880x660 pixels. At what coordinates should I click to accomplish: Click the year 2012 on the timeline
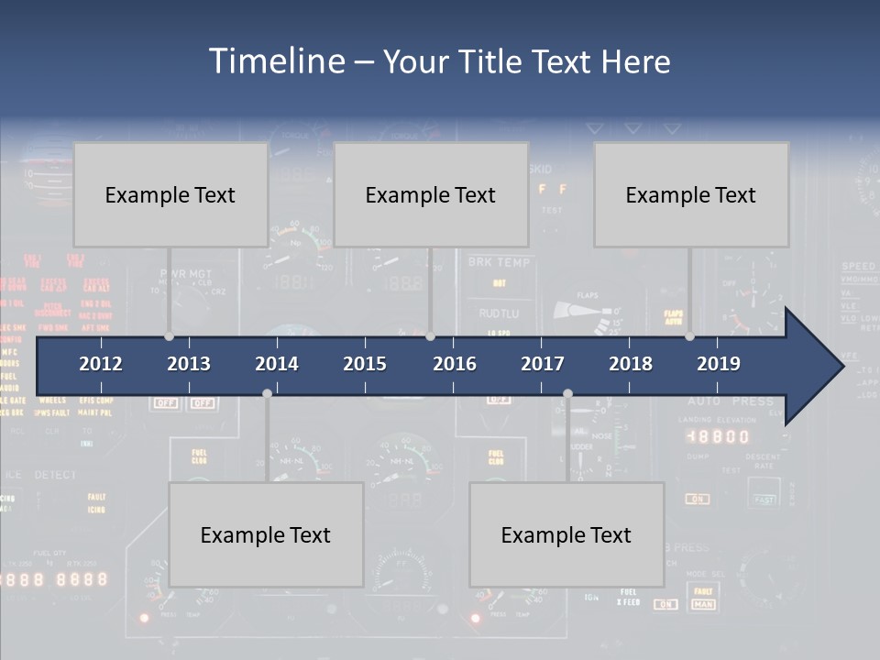[x=101, y=364]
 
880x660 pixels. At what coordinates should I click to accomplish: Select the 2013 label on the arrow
[x=189, y=364]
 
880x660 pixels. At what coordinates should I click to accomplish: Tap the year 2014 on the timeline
[x=277, y=364]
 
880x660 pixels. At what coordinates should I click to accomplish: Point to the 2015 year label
[x=365, y=364]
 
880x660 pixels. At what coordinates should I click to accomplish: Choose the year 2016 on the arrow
[x=455, y=364]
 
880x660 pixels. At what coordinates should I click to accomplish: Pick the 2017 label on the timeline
[x=543, y=364]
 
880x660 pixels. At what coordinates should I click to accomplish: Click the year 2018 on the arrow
[x=631, y=364]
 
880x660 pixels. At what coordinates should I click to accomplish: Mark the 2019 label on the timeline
[x=719, y=364]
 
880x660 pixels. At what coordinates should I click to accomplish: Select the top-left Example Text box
[x=170, y=194]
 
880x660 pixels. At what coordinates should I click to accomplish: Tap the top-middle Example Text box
[x=431, y=194]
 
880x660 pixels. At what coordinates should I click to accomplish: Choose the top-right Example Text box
[x=691, y=194]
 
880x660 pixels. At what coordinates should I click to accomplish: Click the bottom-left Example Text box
[x=266, y=534]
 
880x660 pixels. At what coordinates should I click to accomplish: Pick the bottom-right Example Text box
[x=566, y=534]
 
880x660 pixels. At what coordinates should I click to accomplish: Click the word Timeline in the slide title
[x=276, y=61]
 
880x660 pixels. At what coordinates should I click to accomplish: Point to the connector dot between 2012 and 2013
[x=169, y=336]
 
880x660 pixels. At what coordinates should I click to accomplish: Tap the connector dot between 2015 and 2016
[x=430, y=336]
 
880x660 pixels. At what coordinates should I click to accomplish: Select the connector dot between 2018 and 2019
[x=689, y=336]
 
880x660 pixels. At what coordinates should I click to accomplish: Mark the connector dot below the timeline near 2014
[x=267, y=393]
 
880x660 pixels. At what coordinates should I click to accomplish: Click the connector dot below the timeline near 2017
[x=567, y=393]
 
